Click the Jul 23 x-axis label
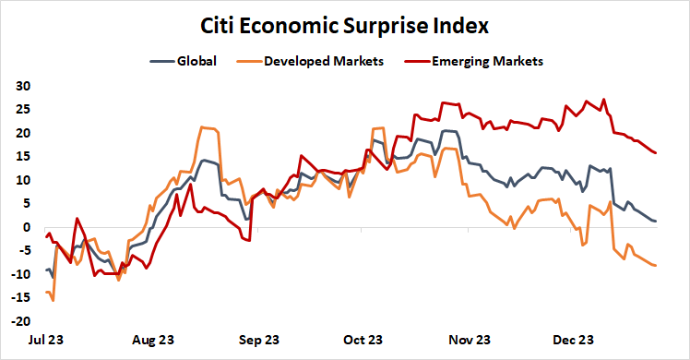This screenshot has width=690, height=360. point(46,340)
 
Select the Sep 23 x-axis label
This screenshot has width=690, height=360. point(259,340)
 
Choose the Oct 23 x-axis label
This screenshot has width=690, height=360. point(363,340)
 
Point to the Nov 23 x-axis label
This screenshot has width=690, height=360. point(470,340)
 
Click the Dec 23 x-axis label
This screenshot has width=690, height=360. point(573,340)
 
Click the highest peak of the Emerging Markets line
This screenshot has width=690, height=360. point(603,100)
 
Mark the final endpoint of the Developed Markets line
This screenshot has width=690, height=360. point(656,266)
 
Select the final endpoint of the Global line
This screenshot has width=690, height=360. point(656,222)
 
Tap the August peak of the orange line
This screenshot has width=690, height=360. point(202,127)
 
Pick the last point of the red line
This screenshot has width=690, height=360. point(656,153)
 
